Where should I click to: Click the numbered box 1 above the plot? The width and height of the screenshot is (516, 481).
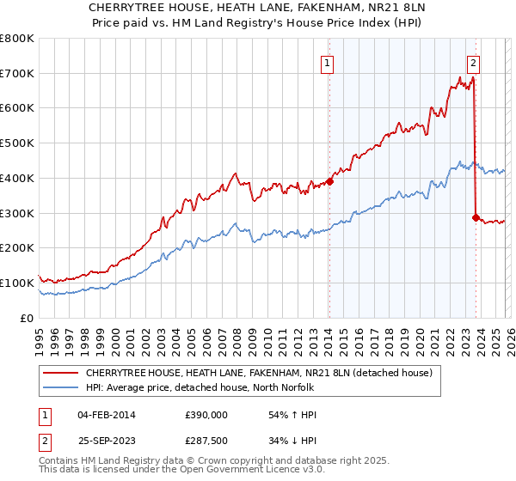point(328,62)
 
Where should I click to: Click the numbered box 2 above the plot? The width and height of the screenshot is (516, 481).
point(474,62)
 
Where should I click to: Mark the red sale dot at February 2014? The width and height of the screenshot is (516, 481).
point(329,181)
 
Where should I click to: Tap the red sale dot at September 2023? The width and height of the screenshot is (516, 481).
point(476,217)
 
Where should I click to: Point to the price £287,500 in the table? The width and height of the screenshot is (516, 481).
point(206,441)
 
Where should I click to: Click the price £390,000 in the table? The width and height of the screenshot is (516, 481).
point(206,415)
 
